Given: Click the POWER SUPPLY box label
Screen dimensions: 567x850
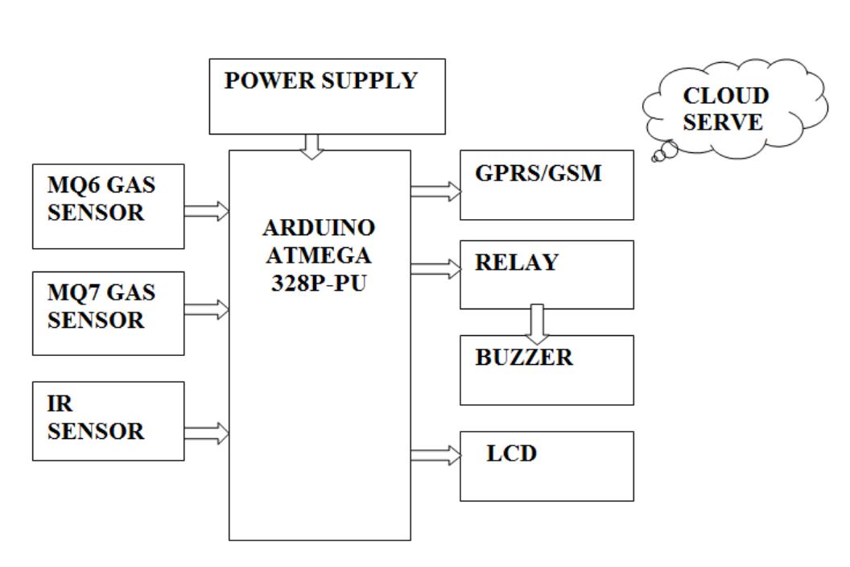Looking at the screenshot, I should [x=320, y=81].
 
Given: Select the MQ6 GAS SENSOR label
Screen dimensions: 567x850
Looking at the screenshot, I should [x=101, y=199].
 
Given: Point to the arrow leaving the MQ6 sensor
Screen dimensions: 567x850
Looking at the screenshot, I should [x=207, y=211].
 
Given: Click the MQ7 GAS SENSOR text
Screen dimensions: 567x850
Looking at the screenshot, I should [x=101, y=306].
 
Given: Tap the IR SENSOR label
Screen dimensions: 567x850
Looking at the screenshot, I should [x=96, y=418].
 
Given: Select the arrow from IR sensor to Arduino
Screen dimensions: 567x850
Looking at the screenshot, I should [x=207, y=433].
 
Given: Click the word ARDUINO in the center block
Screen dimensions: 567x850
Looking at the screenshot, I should [x=319, y=228].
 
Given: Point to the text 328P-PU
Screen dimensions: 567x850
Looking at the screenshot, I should [x=319, y=283].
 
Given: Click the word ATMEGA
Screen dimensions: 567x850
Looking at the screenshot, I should [x=319, y=256].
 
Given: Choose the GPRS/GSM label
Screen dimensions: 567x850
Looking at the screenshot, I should [x=538, y=174].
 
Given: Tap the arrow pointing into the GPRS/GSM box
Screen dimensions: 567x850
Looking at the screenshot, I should [x=435, y=191].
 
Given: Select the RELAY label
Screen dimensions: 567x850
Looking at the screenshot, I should [x=516, y=263].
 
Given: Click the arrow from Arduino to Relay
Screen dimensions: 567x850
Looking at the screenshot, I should [x=435, y=269].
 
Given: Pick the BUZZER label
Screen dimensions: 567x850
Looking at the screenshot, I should [x=523, y=358].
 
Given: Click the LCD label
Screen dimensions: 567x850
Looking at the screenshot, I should [x=511, y=453].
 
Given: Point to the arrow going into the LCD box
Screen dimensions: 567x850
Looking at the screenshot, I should [x=435, y=456].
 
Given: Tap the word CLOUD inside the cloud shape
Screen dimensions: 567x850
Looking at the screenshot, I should [x=725, y=97].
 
